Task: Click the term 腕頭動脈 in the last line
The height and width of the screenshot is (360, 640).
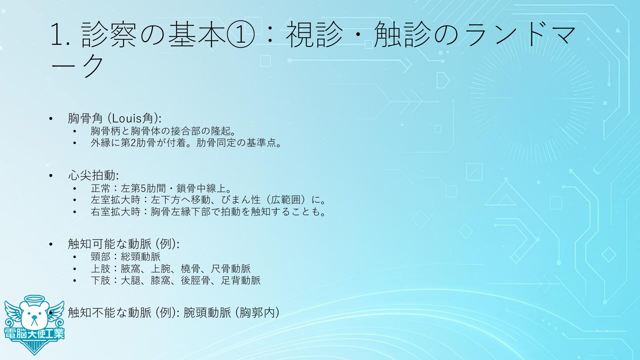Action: coord(207,312)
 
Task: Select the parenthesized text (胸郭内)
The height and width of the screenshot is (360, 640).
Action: coord(257,312)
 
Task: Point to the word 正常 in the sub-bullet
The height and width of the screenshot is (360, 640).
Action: coord(101,188)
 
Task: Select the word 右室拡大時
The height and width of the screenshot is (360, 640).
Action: coord(116,212)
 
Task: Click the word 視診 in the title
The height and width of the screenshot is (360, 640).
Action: coord(314,35)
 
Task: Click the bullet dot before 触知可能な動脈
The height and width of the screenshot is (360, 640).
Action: coord(51,244)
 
